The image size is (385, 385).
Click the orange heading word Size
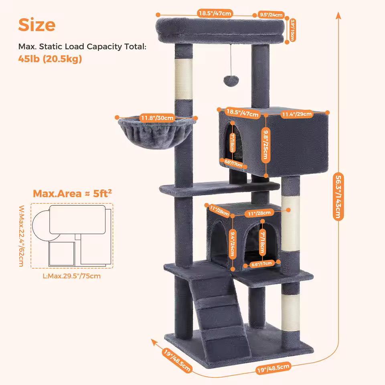37,25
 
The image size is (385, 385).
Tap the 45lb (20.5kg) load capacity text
50,59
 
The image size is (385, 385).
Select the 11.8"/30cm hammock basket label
157,118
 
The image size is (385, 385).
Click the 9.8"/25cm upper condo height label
265,144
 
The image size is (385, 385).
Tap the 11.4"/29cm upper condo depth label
297,114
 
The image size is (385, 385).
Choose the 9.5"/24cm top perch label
272,15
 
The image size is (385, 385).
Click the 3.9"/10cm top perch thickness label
292,30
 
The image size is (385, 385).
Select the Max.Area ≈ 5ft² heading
72,193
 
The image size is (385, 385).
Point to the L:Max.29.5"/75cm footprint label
72,276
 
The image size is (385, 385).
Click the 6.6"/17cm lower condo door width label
261,263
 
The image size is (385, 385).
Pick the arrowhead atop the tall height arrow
338,15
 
